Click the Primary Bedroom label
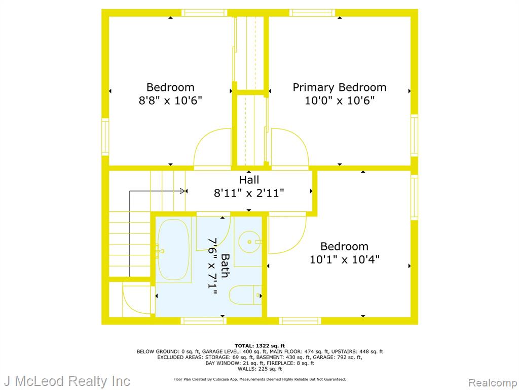[x=339, y=87]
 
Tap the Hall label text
[x=249, y=180]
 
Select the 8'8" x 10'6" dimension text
[x=170, y=100]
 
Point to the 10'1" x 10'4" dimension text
[x=344, y=259]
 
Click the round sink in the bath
[x=249, y=242]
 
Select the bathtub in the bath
[x=173, y=249]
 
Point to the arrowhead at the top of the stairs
[x=182, y=191]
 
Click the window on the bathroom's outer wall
[x=204, y=321]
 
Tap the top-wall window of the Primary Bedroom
[x=312, y=13]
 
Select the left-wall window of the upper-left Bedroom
[x=105, y=137]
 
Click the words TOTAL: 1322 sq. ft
[x=259, y=345]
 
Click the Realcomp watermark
[x=493, y=383]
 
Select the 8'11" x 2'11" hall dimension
[x=249, y=192]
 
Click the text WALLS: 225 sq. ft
[x=259, y=369]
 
